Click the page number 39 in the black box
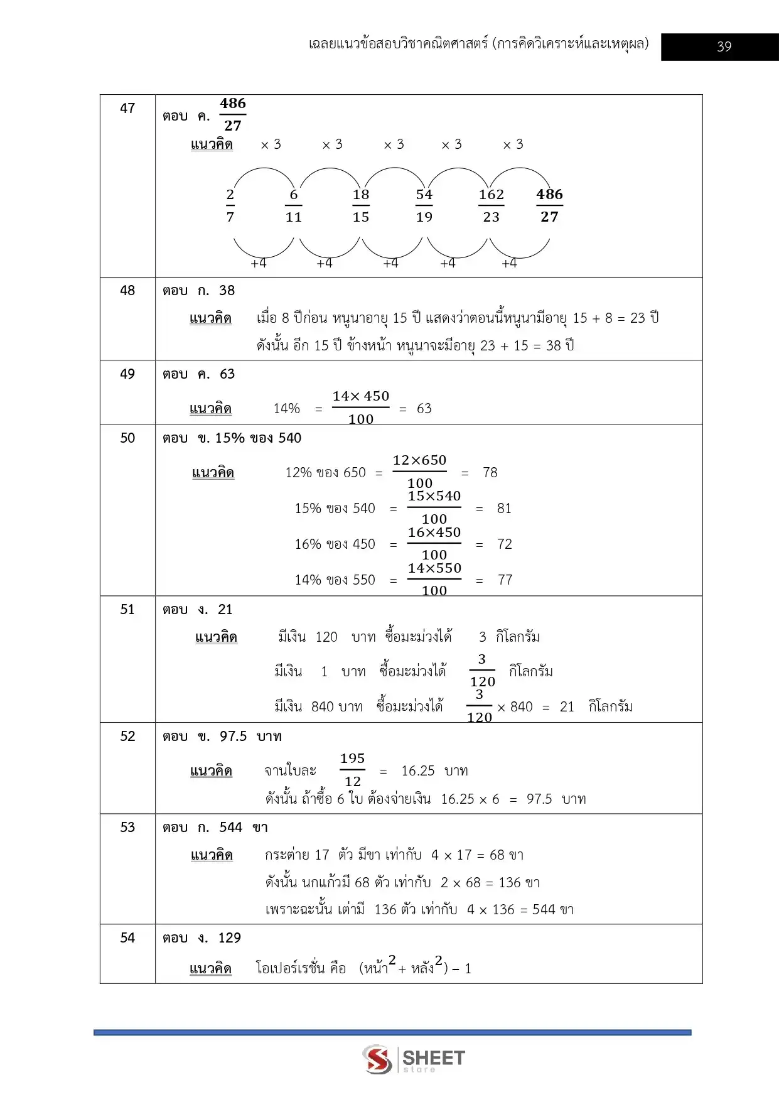[724, 46]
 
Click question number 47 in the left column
[127, 109]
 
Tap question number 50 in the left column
[127, 438]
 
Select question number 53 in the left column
[127, 828]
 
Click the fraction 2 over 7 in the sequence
[230, 206]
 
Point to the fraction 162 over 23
[491, 206]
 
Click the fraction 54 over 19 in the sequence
[424, 206]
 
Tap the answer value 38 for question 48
[227, 291]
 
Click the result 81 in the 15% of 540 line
[504, 509]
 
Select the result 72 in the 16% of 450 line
[505, 544]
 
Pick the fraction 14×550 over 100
[434, 579]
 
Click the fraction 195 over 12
[353, 770]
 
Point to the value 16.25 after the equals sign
[418, 771]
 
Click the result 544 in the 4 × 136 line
[544, 910]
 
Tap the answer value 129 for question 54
[230, 938]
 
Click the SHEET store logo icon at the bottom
[378, 1059]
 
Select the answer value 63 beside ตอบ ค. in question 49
[227, 374]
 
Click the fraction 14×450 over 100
[361, 408]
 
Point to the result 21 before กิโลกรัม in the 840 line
[567, 707]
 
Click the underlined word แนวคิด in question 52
[211, 771]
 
